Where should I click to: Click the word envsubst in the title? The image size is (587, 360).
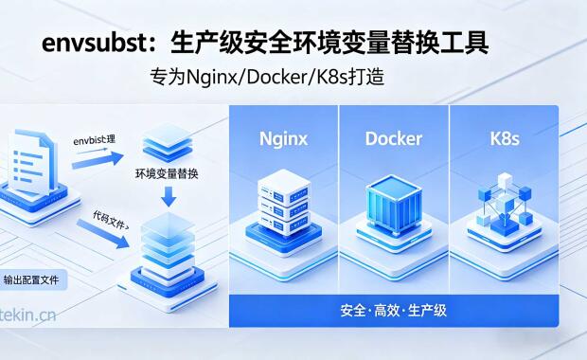tap(90, 44)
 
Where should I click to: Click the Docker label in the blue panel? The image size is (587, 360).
tap(393, 139)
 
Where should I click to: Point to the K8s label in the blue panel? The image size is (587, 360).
tap(505, 139)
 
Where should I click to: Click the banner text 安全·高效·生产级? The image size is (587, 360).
tap(393, 311)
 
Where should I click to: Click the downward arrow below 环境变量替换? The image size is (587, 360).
tap(167, 196)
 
